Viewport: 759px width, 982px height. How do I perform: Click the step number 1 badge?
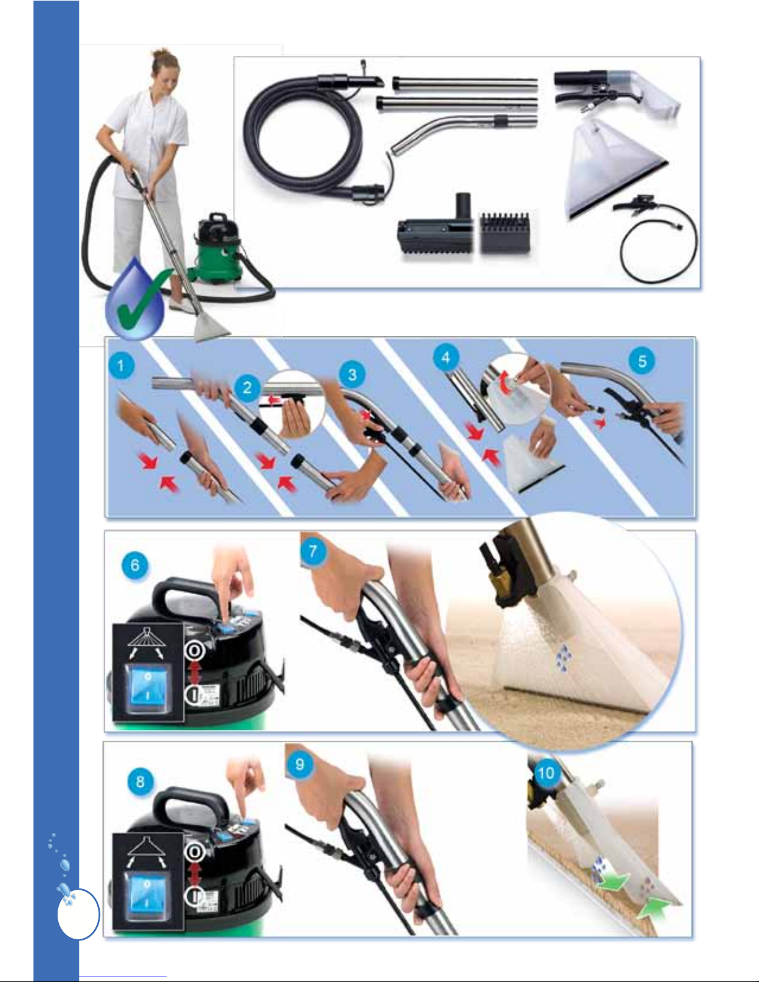click(121, 365)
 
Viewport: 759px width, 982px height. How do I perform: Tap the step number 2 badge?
click(247, 387)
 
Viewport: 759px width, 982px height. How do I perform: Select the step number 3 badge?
click(352, 374)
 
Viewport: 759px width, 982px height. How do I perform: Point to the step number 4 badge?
click(445, 357)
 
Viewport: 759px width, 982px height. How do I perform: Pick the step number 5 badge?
click(642, 361)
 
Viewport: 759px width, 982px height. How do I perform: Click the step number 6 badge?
click(134, 565)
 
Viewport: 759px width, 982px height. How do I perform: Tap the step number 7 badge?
click(312, 551)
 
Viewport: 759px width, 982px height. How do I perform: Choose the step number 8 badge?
click(140, 781)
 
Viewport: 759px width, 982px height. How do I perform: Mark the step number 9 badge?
click(299, 764)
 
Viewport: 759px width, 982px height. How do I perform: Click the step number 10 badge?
click(546, 773)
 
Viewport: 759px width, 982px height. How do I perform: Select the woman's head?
click(164, 70)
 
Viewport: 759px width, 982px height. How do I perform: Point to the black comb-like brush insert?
click(504, 233)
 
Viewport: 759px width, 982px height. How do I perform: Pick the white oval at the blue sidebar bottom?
click(78, 914)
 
